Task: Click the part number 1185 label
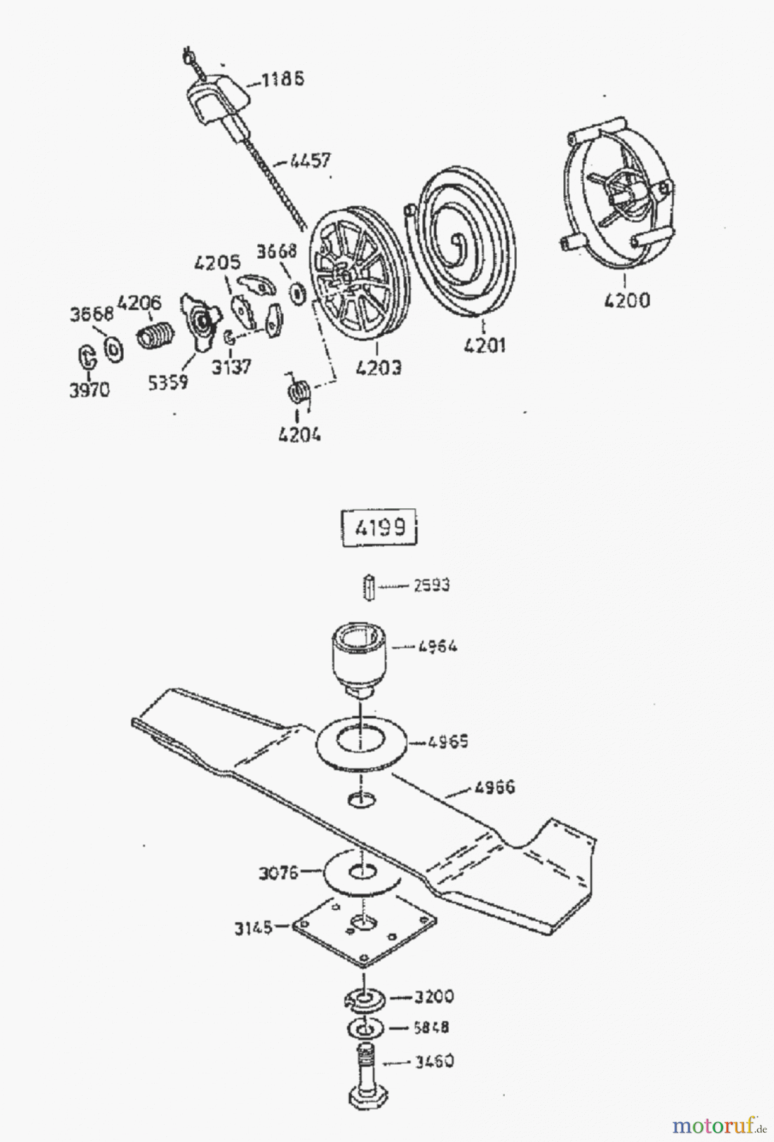[x=283, y=79]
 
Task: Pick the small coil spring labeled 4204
[x=298, y=391]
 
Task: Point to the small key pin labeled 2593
[x=368, y=587]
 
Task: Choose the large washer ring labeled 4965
[x=359, y=742]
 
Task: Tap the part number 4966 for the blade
[x=494, y=787]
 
